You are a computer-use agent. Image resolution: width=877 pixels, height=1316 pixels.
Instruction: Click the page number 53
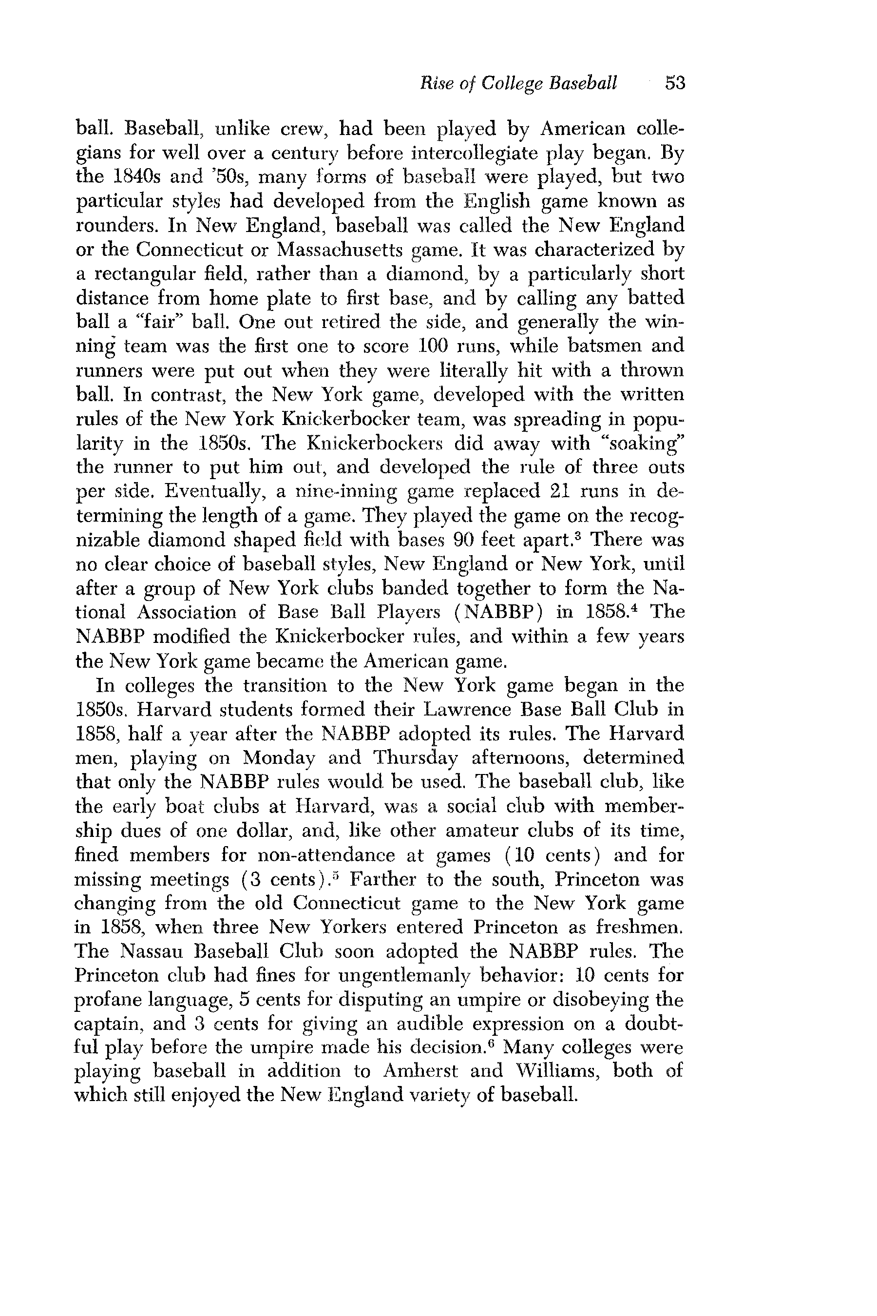pyautogui.click(x=674, y=83)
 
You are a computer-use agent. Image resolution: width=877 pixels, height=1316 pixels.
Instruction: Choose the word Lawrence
pyautogui.click(x=468, y=710)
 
